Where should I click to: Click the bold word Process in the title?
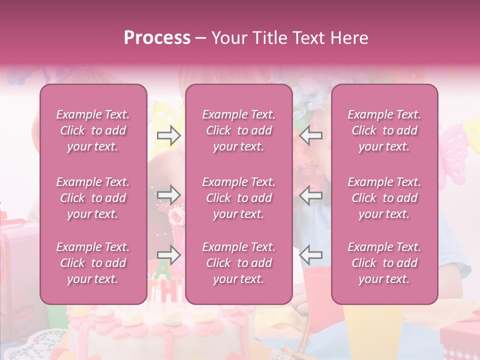tap(157, 37)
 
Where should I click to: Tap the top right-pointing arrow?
tap(168, 135)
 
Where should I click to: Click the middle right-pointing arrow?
tap(168, 194)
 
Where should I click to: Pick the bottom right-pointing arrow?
tap(168, 255)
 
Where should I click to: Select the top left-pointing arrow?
tap(311, 135)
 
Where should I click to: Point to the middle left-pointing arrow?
tap(311, 195)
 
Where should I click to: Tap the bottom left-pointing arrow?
tap(311, 255)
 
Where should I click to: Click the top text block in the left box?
tap(93, 130)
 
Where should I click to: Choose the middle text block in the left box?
tap(93, 198)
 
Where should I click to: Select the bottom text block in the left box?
tap(93, 263)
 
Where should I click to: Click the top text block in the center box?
tap(238, 130)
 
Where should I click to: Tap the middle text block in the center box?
tap(238, 198)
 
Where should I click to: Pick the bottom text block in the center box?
tap(238, 263)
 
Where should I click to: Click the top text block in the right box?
tap(384, 130)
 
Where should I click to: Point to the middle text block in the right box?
tap(384, 198)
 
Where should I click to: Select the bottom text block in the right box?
tap(384, 263)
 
